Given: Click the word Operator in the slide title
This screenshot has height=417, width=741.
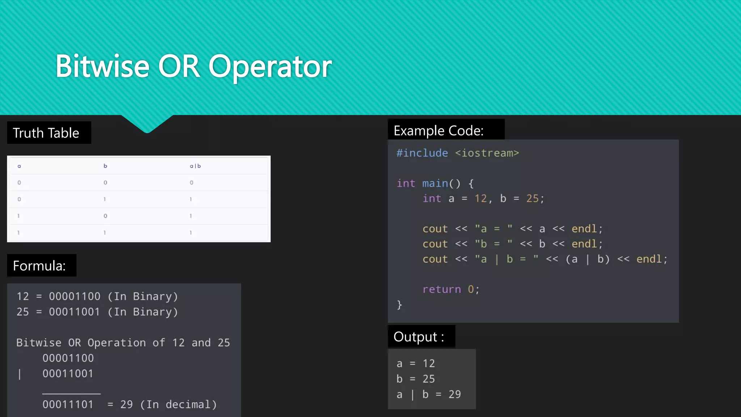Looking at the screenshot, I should [270, 67].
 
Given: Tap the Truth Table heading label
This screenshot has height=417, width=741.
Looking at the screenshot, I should [46, 133].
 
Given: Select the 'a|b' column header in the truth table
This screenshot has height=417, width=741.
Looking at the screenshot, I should [195, 166].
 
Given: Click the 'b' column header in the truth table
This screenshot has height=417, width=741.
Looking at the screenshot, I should [105, 166].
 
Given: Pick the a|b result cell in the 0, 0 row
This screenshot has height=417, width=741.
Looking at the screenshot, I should [191, 183].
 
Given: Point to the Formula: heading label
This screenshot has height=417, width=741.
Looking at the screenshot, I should [39, 266].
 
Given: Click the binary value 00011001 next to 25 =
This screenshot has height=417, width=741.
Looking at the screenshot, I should [74, 312].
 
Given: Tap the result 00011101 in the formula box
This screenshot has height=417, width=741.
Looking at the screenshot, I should [68, 404].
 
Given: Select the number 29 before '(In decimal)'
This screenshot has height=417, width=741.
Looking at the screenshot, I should [126, 404].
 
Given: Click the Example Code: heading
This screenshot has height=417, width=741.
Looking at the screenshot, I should [439, 131].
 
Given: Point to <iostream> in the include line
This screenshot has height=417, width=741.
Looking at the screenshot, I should [487, 153].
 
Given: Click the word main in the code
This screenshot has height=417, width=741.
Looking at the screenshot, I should [435, 184].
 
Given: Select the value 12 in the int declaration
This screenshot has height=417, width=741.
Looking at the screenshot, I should [480, 199].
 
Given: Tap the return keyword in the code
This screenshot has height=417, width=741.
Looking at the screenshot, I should [442, 289].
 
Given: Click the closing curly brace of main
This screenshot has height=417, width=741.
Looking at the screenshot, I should [399, 304].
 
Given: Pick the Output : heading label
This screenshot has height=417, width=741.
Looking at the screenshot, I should [419, 337].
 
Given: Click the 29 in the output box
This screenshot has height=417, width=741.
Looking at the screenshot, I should [455, 394].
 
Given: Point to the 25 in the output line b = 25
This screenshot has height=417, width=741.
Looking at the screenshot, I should [429, 379].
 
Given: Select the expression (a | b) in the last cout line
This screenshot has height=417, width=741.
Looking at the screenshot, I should [588, 259].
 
